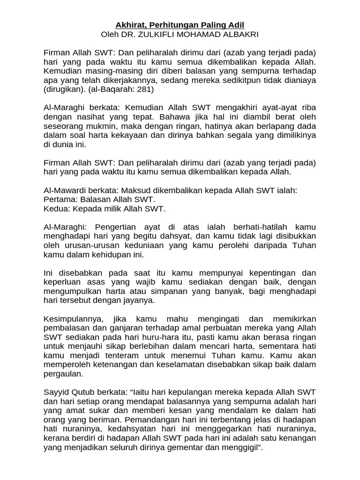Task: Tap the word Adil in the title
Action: point(234,24)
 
